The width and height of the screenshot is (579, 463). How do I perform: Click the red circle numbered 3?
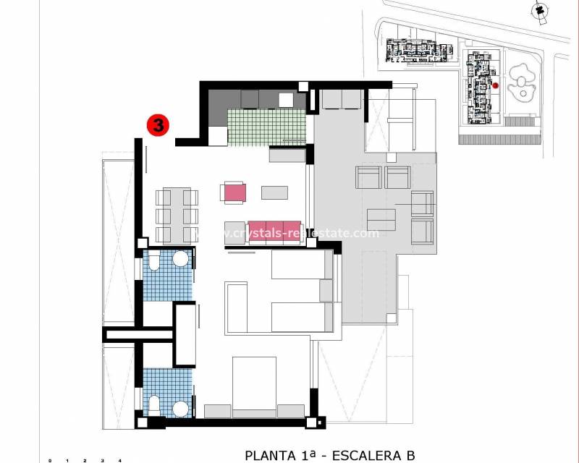(x=158, y=124)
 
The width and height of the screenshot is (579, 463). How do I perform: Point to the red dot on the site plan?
(x=496, y=85)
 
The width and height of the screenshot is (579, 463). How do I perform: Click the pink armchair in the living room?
(x=234, y=192)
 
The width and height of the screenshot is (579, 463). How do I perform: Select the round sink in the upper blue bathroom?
(x=180, y=259)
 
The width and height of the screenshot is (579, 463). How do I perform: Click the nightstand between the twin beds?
(x=326, y=290)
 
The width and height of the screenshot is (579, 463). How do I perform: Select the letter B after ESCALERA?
(x=410, y=455)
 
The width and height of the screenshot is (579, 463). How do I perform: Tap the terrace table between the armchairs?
(x=381, y=219)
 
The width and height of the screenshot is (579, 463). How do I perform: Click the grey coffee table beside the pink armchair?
(x=274, y=192)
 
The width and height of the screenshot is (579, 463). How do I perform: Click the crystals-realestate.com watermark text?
(x=297, y=233)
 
